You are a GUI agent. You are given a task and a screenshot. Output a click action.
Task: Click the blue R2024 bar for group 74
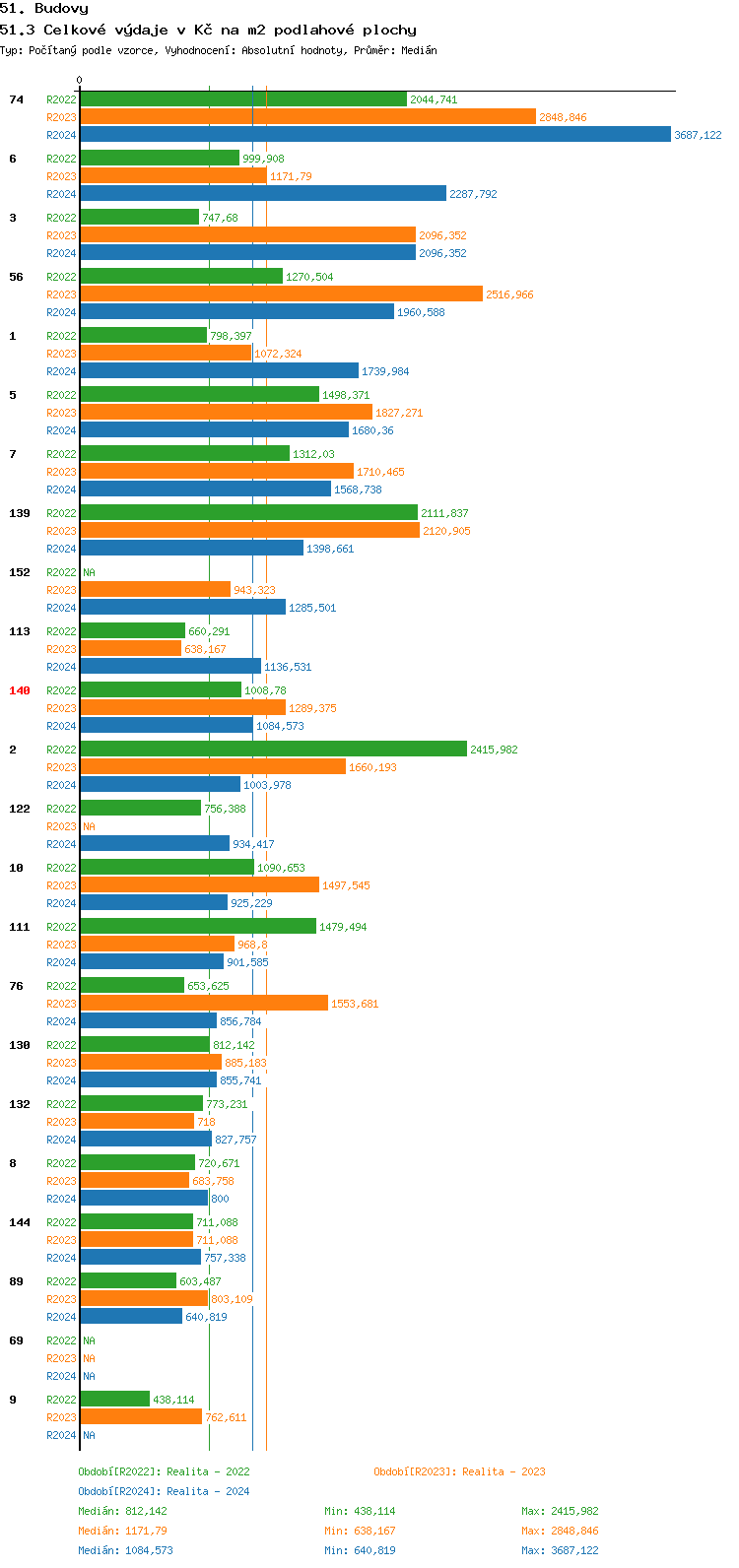coord(374,135)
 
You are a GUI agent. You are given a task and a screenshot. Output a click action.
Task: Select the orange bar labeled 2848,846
coord(307,117)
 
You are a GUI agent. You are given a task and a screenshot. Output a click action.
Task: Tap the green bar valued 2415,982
coord(273,750)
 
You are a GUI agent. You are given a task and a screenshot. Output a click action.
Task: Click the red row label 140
coord(20,690)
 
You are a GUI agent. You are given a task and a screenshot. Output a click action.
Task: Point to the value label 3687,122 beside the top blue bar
coord(698,135)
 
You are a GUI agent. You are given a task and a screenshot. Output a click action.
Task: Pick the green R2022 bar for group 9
coord(114,1400)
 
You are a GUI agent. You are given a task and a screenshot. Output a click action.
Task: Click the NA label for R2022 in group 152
coord(89,572)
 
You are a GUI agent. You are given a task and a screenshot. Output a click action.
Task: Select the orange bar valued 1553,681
coord(204,1004)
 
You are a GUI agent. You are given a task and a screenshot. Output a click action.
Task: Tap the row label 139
coord(20,513)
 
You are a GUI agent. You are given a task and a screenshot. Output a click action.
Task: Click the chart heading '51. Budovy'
coord(44,9)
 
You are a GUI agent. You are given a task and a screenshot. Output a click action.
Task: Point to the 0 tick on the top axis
coord(80,81)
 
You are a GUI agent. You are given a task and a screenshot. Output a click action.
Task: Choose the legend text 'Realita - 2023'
coord(504,1471)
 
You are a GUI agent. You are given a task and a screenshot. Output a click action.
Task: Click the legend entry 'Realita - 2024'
coord(208,1491)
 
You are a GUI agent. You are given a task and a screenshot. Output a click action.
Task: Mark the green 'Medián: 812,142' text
coord(122,1511)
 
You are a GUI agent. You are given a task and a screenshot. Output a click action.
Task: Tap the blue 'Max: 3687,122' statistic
coord(560,1550)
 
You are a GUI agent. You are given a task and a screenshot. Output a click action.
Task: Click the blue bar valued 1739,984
coord(219,371)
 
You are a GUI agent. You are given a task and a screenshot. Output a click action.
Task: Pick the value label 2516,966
coord(509,294)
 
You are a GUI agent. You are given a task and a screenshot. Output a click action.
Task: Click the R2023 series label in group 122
coord(61,826)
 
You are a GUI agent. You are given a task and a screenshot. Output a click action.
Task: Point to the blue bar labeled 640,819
coord(131,1317)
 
